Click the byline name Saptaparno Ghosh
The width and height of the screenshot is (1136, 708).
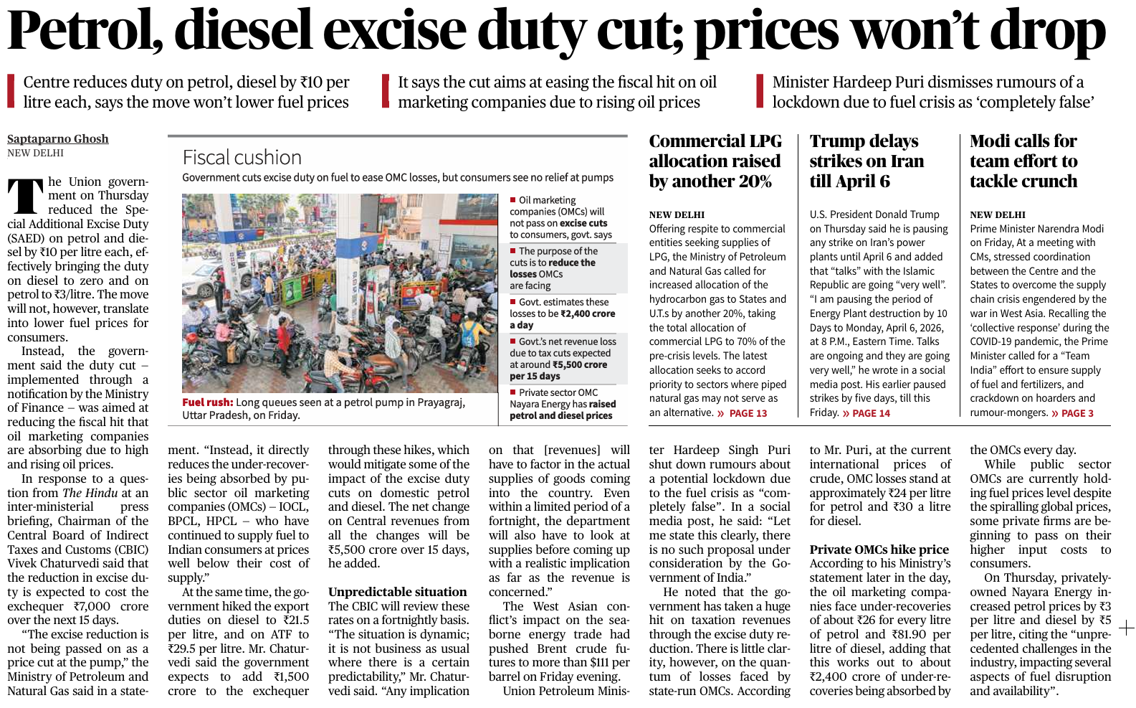pyautogui.click(x=58, y=139)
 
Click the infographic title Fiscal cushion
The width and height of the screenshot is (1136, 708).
pyautogui.click(x=242, y=158)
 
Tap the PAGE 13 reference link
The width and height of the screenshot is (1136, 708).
pyautogui.click(x=748, y=413)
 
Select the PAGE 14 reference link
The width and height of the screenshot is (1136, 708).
pyautogui.click(x=871, y=413)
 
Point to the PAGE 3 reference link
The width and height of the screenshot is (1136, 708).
pyautogui.click(x=1077, y=413)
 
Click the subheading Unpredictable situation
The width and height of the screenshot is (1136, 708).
pyautogui.click(x=397, y=592)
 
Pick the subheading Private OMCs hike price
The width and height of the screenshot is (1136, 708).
pyautogui.click(x=879, y=549)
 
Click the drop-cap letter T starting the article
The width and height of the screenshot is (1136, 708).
pyautogui.click(x=25, y=196)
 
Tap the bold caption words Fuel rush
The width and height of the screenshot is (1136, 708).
pyautogui.click(x=207, y=403)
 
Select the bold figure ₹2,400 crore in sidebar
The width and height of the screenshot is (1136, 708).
pyautogui.click(x=588, y=313)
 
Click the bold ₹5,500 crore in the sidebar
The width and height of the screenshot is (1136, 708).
pyautogui.click(x=580, y=364)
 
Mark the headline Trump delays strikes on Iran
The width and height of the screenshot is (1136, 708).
pyautogui.click(x=867, y=161)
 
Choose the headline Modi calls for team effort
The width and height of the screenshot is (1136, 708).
pyautogui.click(x=1023, y=161)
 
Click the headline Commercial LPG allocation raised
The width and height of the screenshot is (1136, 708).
pyautogui.click(x=715, y=161)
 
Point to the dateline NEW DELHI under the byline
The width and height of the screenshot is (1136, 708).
pyautogui.click(x=35, y=153)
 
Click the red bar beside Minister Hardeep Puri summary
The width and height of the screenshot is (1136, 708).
pyautogui.click(x=760, y=92)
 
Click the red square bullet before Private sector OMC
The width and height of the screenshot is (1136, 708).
pyautogui.click(x=513, y=392)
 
